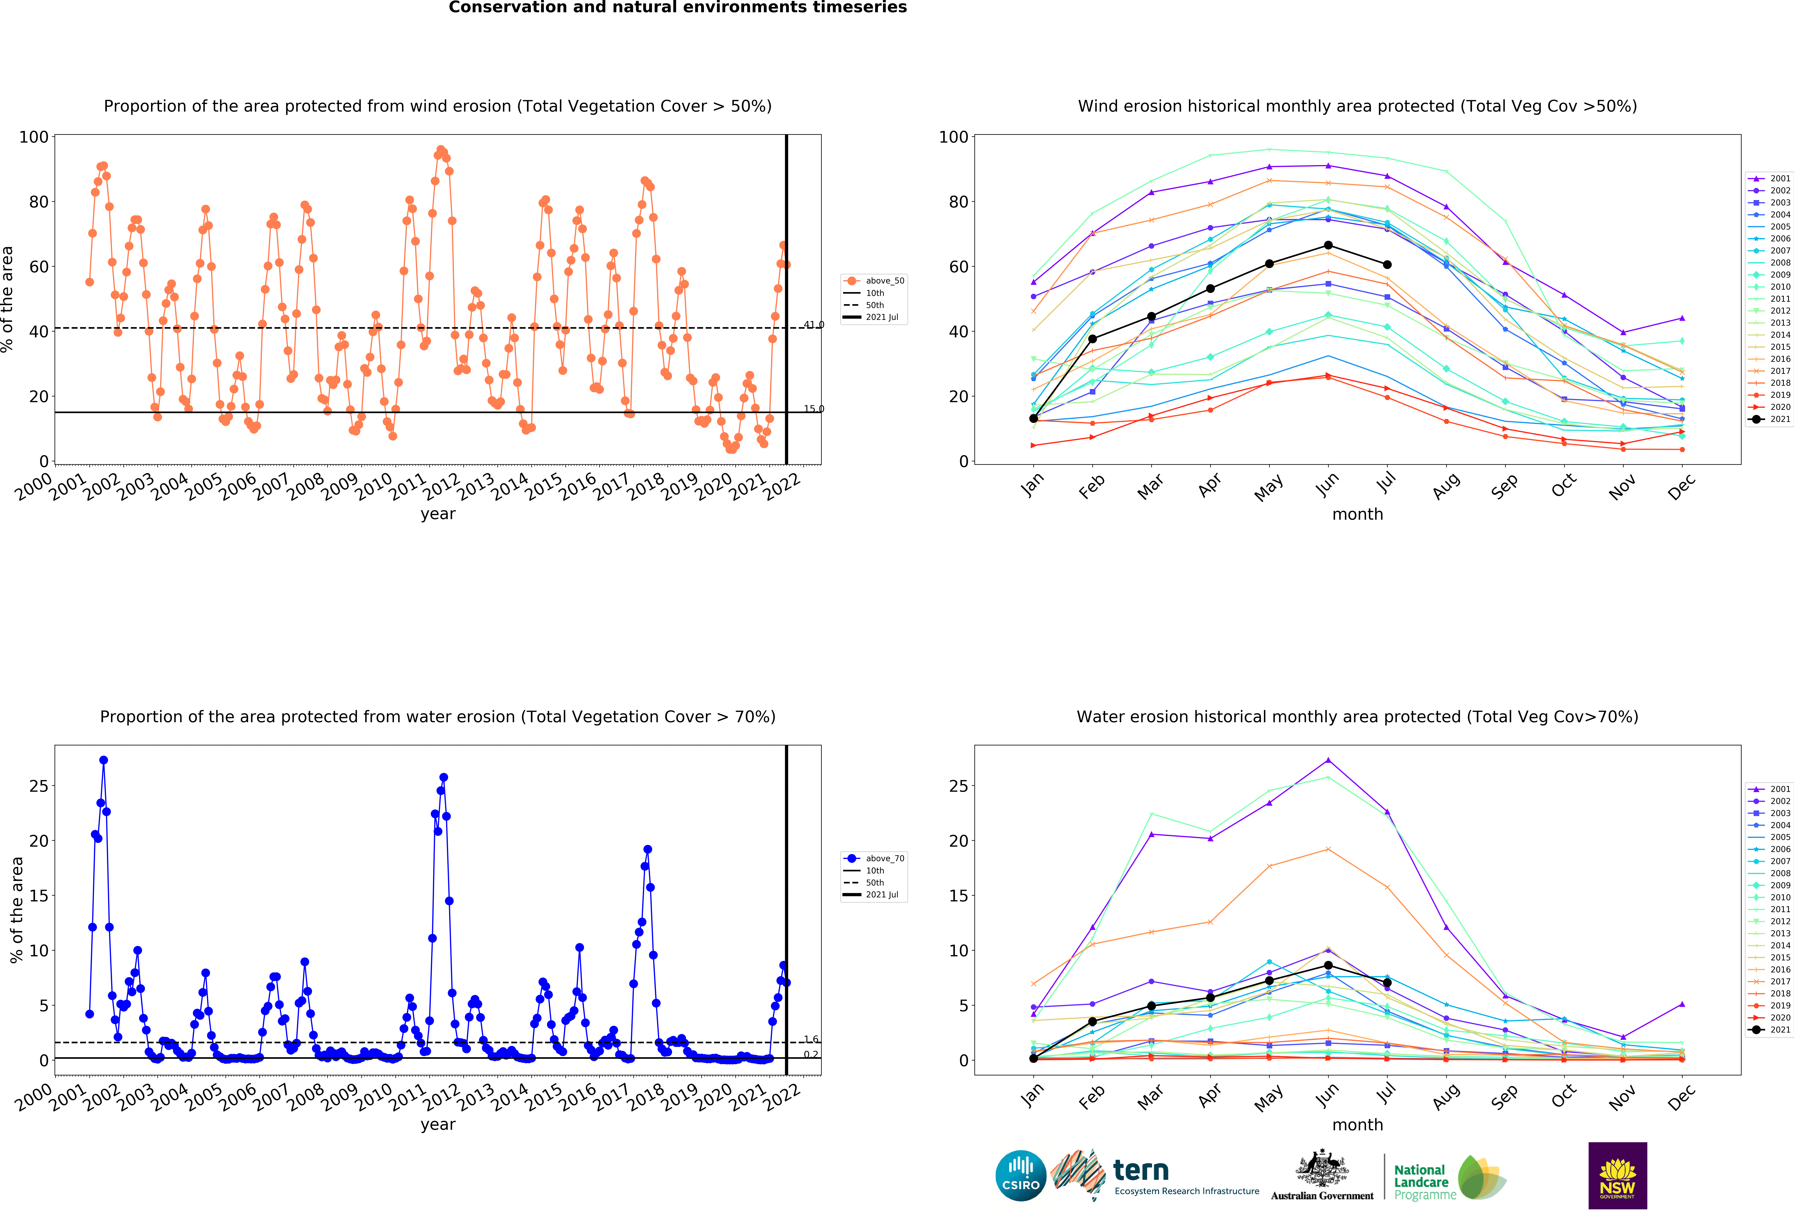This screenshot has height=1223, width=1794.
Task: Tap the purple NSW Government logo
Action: pos(1617,1175)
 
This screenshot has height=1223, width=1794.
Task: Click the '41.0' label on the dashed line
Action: pos(814,324)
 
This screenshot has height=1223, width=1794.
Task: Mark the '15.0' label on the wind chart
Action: pos(814,408)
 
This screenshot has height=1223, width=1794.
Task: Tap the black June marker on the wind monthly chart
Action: pos(1328,246)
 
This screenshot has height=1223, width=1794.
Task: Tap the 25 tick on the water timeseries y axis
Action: pos(39,786)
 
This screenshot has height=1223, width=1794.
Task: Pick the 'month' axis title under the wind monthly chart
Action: pos(1357,514)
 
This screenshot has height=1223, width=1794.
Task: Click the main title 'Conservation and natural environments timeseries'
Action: pos(678,8)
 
